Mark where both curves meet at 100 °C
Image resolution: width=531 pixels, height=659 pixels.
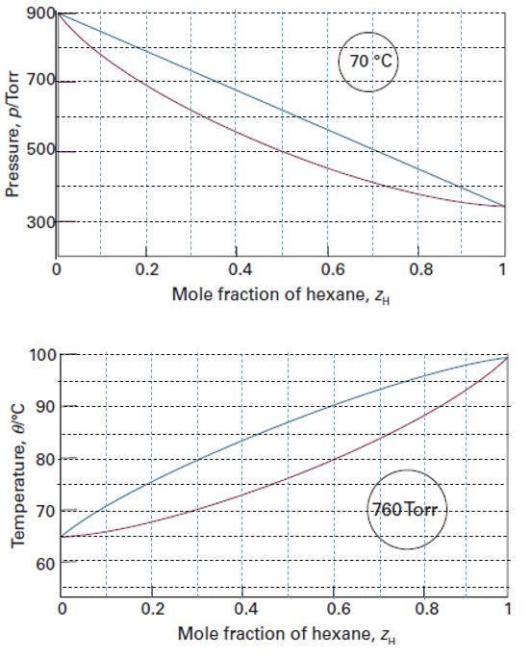point(507,357)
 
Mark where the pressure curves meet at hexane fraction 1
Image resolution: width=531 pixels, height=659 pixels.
point(503,206)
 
